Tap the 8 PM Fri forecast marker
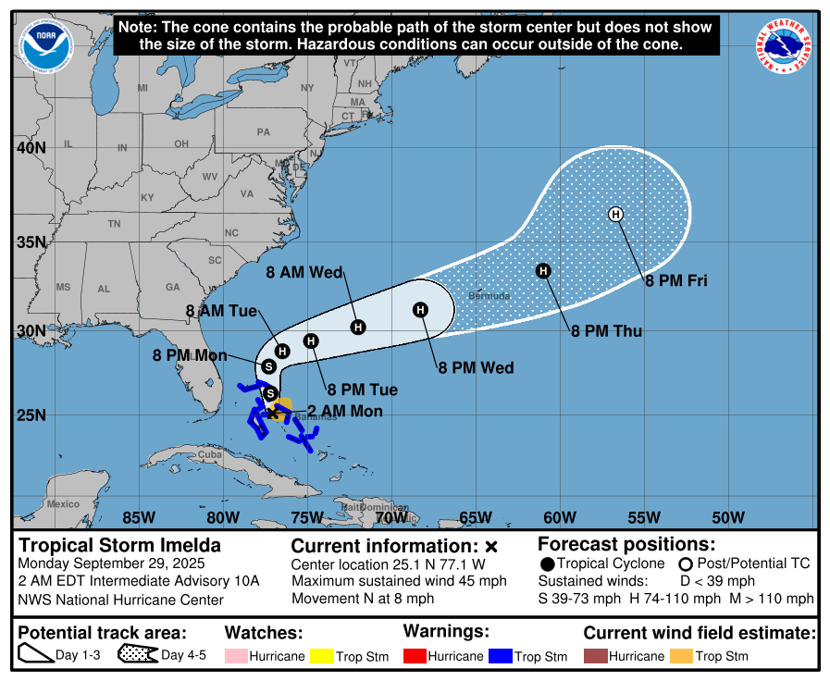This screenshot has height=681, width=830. pyautogui.click(x=616, y=215)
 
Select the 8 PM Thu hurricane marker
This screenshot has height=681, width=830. pyautogui.click(x=544, y=270)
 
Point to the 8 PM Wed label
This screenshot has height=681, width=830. pyautogui.click(x=476, y=367)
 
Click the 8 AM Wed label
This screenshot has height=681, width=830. pyautogui.click(x=304, y=272)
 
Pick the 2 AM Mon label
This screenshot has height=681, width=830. pyautogui.click(x=344, y=411)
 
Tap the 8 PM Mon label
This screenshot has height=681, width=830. pyautogui.click(x=191, y=353)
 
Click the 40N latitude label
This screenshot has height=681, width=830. pyautogui.click(x=31, y=147)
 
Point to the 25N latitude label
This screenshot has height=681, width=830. pyautogui.click(x=31, y=414)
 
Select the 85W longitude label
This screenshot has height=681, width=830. pyautogui.click(x=138, y=516)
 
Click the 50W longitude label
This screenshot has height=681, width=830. pyautogui.click(x=728, y=516)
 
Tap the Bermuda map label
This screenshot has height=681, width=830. pyautogui.click(x=489, y=296)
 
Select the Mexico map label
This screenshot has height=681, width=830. pyautogui.click(x=64, y=503)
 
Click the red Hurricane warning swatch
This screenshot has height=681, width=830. pyautogui.click(x=414, y=656)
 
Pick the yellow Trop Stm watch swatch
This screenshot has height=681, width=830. pyautogui.click(x=321, y=656)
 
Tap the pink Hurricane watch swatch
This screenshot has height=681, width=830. pyautogui.click(x=235, y=656)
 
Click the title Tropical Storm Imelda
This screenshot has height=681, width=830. pyautogui.click(x=120, y=545)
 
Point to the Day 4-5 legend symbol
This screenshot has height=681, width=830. pyautogui.click(x=137, y=655)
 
